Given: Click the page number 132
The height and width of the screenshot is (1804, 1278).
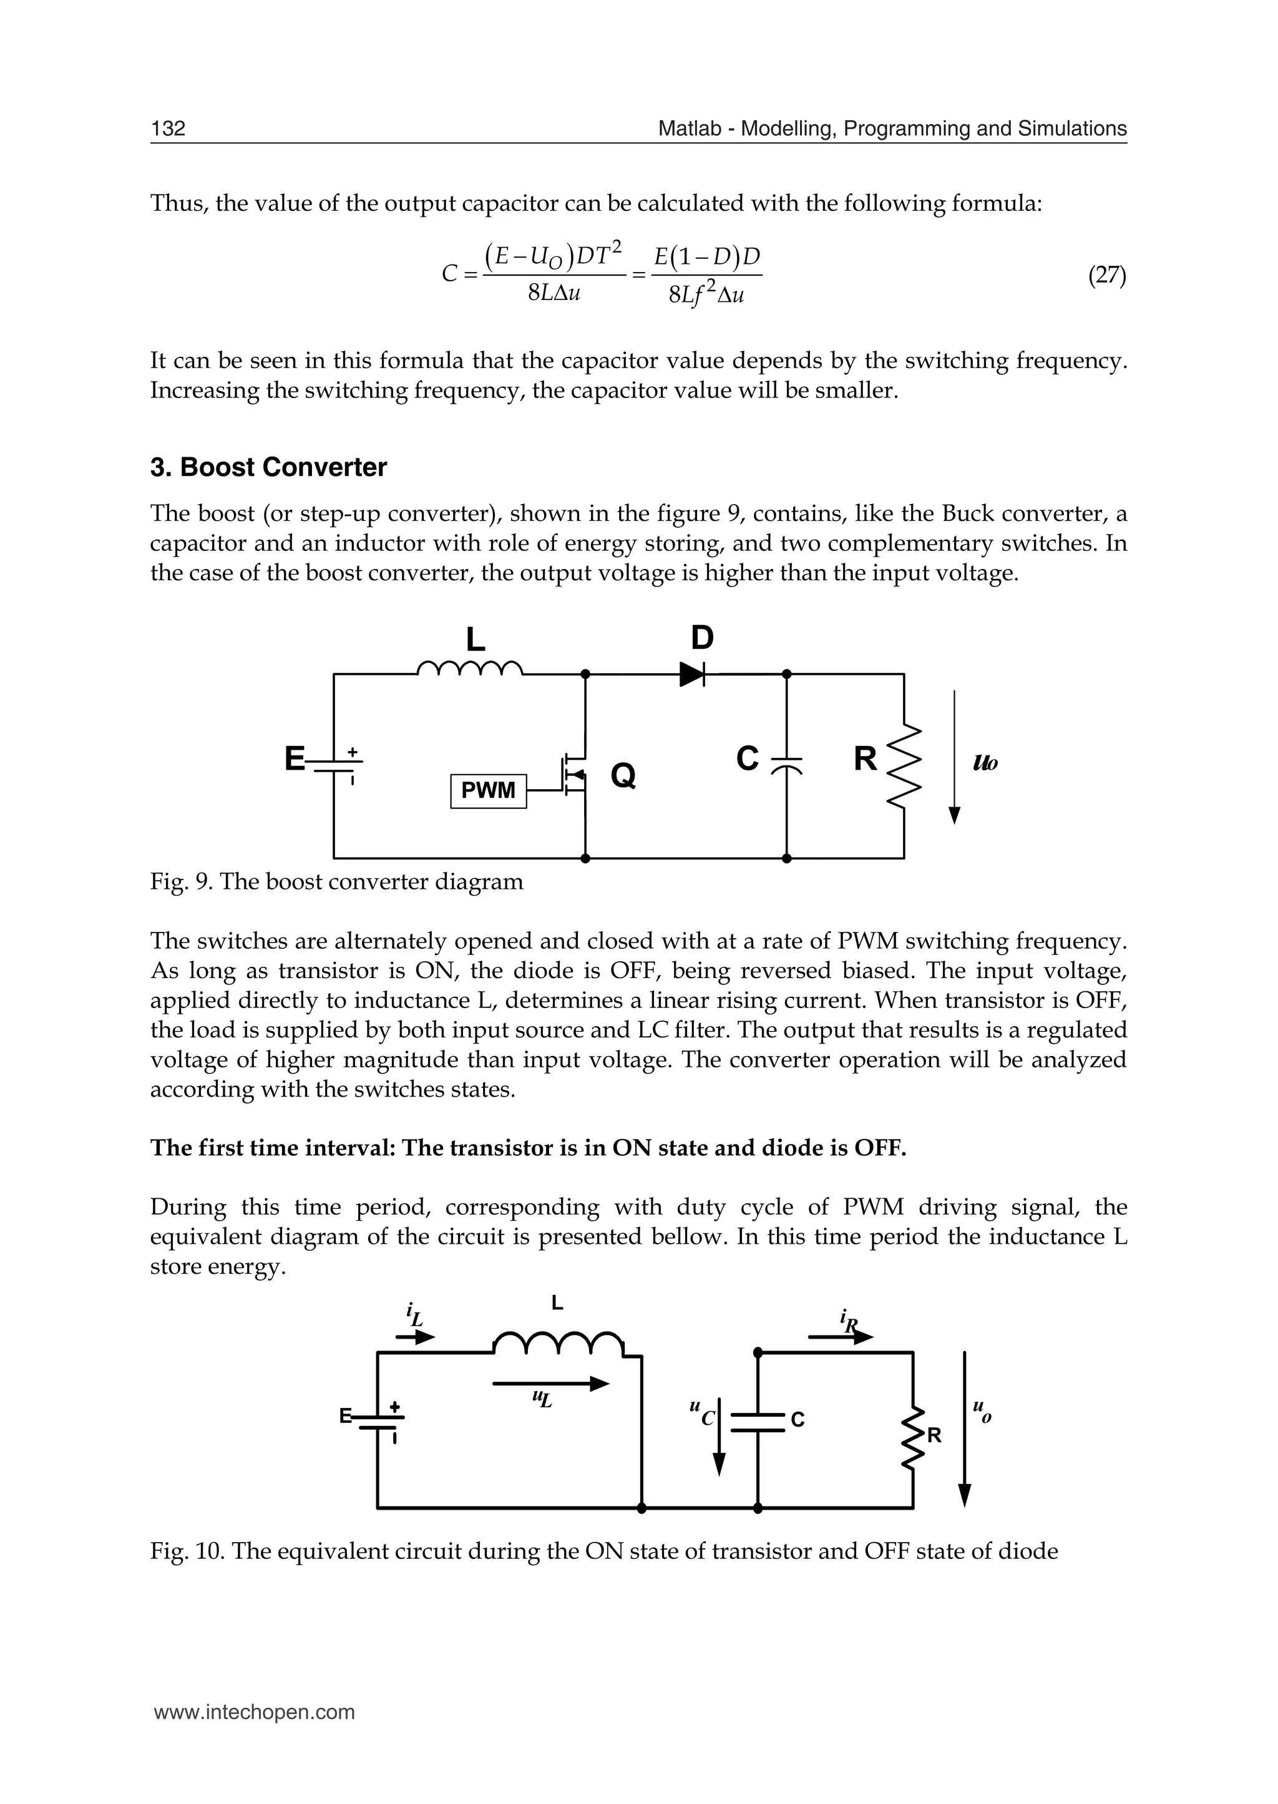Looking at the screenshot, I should point(168,129).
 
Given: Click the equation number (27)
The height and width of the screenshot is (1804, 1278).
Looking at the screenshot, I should point(1106,275).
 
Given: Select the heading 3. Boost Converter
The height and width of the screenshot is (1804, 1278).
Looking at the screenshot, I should point(268,467).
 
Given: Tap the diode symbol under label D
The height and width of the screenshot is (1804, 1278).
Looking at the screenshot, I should point(691,674).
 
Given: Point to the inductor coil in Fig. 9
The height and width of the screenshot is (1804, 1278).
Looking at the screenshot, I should point(469,669).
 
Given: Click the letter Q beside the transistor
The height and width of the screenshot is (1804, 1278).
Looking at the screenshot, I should point(623,776).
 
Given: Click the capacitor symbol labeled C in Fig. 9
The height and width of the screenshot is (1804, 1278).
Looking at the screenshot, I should point(786,764).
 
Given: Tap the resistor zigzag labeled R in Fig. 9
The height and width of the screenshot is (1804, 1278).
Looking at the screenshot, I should point(904,765).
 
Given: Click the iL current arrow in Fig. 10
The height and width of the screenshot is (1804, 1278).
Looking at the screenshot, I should point(415,1337).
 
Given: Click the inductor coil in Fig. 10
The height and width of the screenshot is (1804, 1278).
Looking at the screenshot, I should point(558,1343).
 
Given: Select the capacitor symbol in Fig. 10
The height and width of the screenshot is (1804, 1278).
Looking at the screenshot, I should point(758,1422).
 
